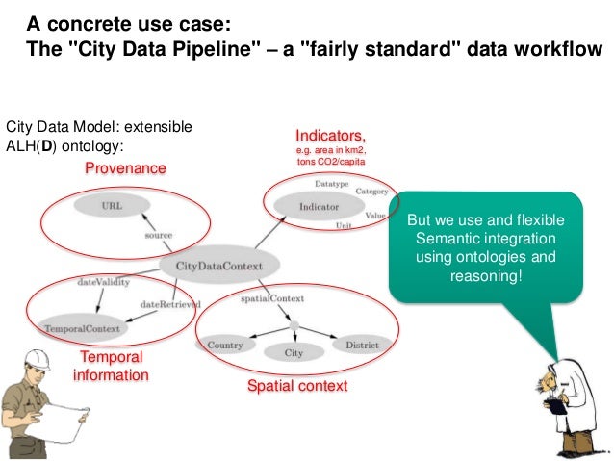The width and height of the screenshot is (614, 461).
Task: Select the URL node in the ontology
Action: (x=113, y=204)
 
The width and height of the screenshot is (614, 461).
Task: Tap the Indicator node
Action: (x=319, y=207)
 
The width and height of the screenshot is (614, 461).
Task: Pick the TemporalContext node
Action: (x=83, y=329)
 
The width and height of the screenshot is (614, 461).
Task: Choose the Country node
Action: (x=225, y=346)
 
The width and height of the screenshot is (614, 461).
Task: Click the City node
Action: (x=294, y=353)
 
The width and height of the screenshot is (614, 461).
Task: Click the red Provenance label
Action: (x=125, y=168)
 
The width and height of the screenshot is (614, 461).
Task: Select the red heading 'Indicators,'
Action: (x=330, y=136)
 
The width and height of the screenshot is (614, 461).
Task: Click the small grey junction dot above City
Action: (x=294, y=324)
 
